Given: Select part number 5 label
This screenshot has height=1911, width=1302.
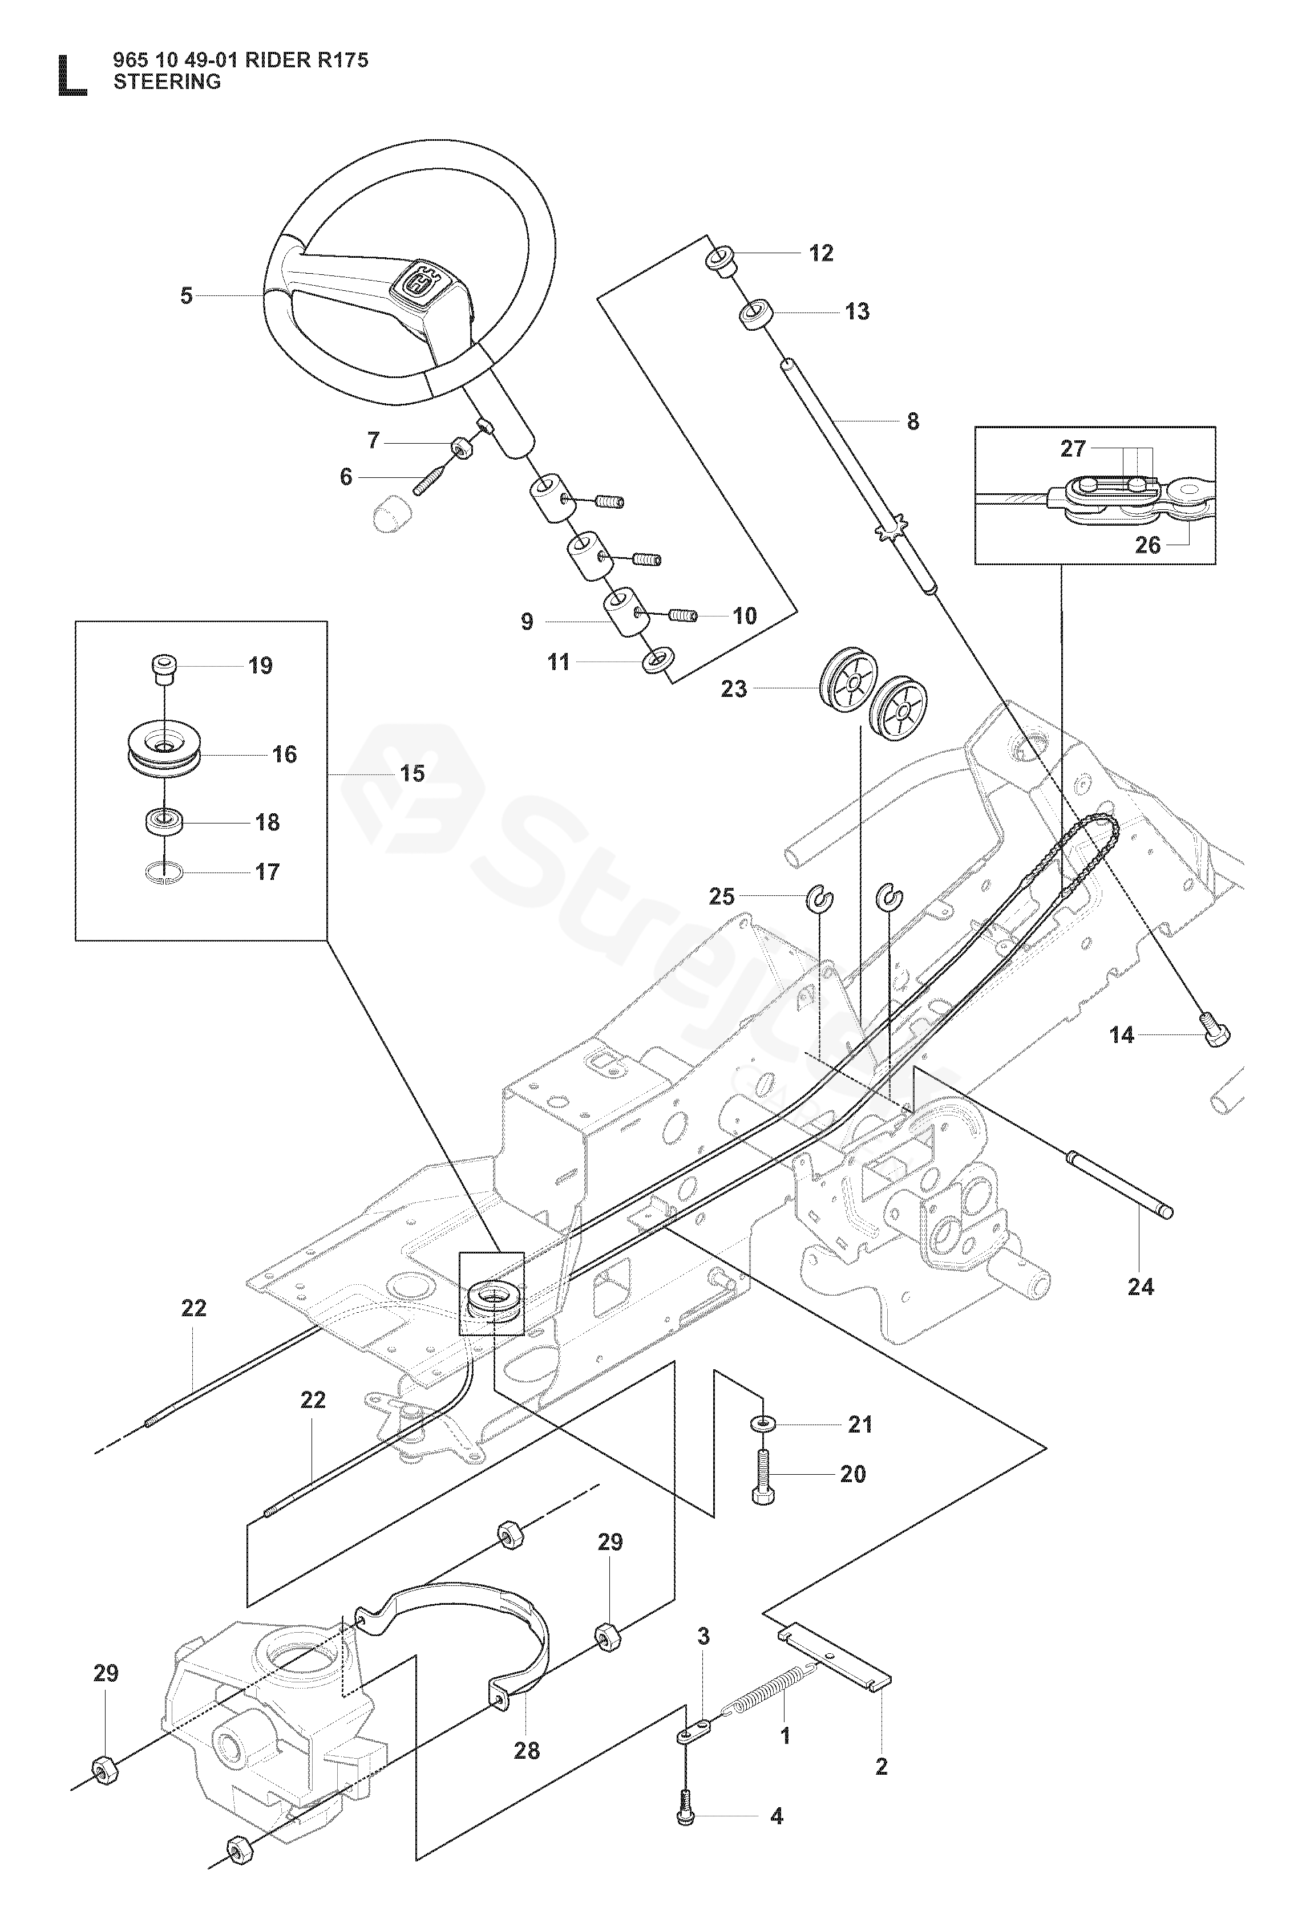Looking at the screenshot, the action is pyautogui.click(x=187, y=295).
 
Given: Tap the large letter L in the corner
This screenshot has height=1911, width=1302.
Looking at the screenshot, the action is pyautogui.click(x=71, y=76).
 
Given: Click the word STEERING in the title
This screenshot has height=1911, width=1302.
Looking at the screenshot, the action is pyautogui.click(x=167, y=82).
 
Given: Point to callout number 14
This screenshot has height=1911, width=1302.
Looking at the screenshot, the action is pyautogui.click(x=1121, y=1034).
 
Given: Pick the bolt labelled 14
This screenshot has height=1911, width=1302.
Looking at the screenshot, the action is pyautogui.click(x=1216, y=1033).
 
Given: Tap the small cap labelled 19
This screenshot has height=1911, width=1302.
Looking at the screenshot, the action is pyautogui.click(x=164, y=670).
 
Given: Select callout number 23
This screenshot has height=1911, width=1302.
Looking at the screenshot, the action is pyautogui.click(x=734, y=688).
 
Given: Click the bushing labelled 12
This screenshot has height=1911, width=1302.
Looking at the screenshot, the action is pyautogui.click(x=719, y=258).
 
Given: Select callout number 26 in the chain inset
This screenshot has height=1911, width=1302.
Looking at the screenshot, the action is pyautogui.click(x=1147, y=545).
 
